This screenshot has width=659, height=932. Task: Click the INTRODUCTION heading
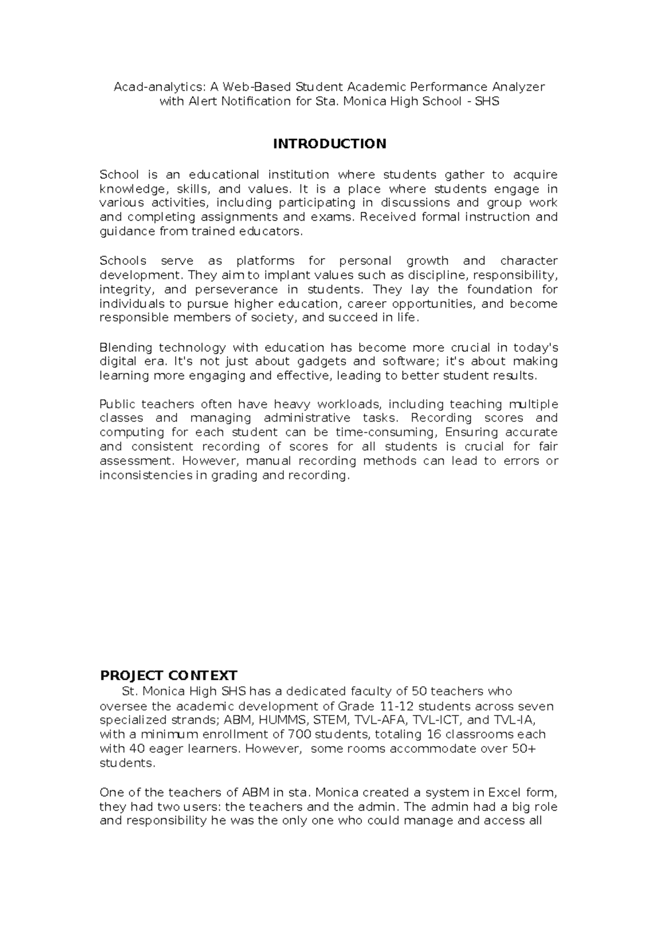[x=329, y=144]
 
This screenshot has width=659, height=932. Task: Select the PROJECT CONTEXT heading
[x=168, y=675]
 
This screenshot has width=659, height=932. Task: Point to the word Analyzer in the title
[x=519, y=87]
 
